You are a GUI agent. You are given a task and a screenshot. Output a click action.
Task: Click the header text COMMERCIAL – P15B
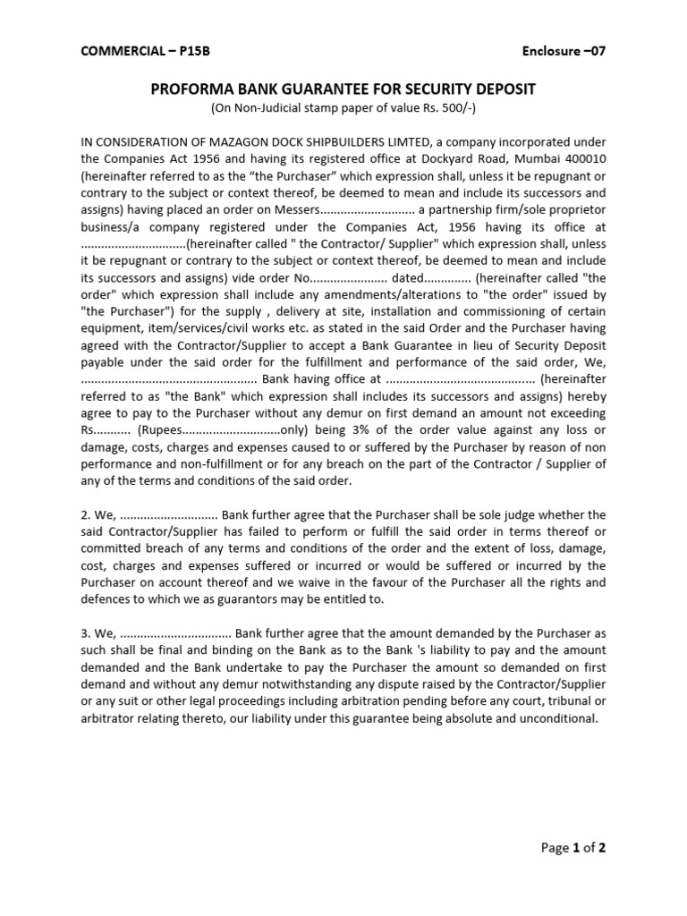(x=137, y=51)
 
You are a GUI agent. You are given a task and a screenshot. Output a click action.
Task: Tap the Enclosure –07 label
(x=564, y=51)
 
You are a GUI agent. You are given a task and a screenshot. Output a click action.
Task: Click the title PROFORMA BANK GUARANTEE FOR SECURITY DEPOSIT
(x=343, y=90)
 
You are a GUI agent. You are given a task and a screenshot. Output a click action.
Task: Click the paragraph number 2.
(x=86, y=514)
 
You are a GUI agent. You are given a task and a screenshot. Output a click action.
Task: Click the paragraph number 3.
(x=86, y=632)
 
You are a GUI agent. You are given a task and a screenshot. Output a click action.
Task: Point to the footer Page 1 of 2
(x=574, y=848)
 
